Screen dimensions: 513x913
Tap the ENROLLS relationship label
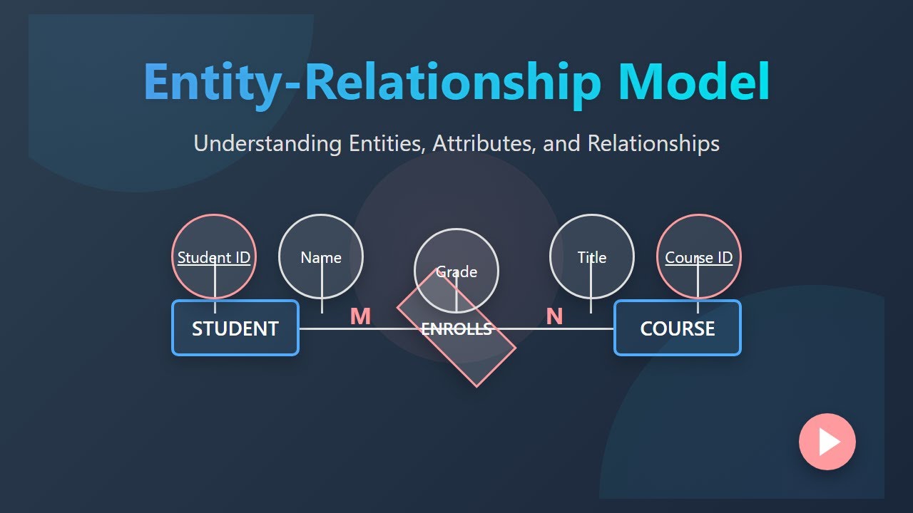[x=456, y=329]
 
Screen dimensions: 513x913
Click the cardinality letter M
[x=360, y=316]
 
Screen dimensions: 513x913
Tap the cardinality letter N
[x=554, y=316]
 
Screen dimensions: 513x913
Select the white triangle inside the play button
[x=828, y=442]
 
